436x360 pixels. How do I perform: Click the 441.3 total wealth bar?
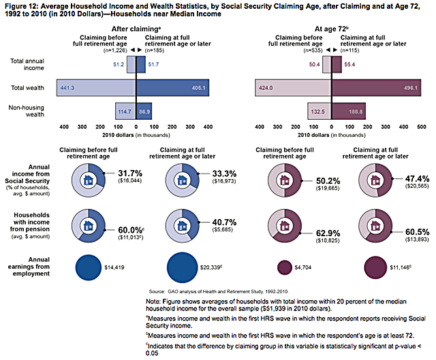tap(96, 88)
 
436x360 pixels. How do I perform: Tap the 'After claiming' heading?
tap(134, 29)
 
